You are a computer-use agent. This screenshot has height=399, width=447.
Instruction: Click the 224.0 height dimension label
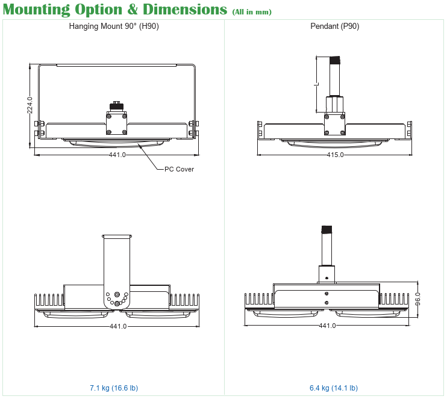tap(30, 105)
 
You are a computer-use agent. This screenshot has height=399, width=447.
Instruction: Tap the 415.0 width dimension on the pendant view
tap(335, 155)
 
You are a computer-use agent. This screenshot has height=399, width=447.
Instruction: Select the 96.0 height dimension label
tap(417, 298)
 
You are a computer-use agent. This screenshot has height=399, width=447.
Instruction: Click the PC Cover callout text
tap(179, 169)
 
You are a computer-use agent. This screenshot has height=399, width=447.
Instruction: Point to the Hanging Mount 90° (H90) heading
tap(114, 26)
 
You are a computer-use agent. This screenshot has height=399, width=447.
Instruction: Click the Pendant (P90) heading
tap(335, 26)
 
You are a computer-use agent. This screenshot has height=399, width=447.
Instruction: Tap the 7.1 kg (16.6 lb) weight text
tap(114, 388)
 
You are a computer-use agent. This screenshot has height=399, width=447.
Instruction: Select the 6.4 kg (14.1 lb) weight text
tap(334, 388)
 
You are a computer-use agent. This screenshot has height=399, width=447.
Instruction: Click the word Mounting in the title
tap(37, 10)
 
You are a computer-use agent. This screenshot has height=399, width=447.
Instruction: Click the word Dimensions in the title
tap(185, 10)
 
